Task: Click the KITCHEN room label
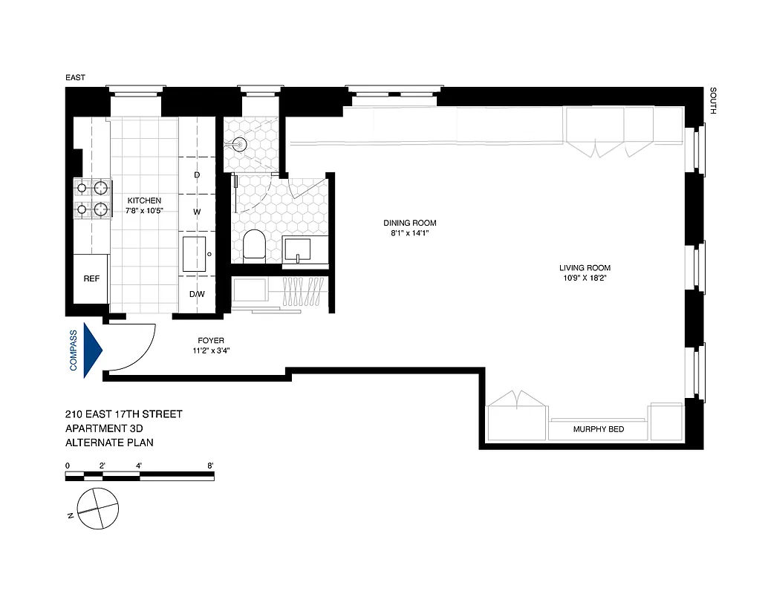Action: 143,200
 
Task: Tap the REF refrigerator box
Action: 91,279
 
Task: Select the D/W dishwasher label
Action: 197,294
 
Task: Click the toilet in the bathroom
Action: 254,245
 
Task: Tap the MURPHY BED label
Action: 599,430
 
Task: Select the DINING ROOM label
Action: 409,223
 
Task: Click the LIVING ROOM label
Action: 585,268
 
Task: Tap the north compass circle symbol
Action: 98,510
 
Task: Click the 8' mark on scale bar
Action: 211,466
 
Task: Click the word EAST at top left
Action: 76,78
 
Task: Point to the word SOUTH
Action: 713,102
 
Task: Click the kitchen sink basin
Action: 195,254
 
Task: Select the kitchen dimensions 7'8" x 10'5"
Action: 143,211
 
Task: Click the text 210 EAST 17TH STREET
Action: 123,414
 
